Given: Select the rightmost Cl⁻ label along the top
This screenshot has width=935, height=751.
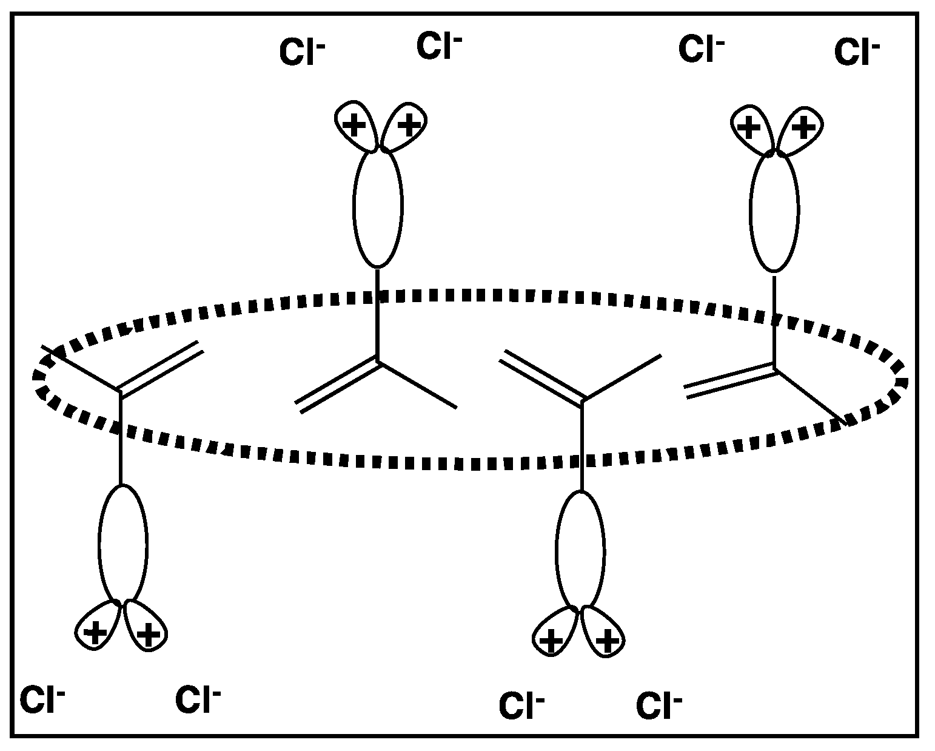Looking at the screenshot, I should point(857,52).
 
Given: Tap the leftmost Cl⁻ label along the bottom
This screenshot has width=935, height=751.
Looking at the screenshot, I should point(42,700).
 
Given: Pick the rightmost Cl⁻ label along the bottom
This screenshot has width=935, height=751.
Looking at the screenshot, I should point(659,706).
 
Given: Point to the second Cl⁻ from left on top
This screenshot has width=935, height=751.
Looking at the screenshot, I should point(439,47).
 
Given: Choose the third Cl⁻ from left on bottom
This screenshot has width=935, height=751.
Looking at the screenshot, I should point(521,706).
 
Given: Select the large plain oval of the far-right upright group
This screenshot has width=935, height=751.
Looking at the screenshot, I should point(774,213).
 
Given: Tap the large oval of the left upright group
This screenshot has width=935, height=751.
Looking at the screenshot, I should point(377,206).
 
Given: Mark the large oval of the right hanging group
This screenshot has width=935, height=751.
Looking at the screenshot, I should point(580,549).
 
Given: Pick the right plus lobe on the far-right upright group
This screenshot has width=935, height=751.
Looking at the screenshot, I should point(802,128).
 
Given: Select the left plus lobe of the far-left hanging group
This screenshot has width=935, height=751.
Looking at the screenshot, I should point(95,631).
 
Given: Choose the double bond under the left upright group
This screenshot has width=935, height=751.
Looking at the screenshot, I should point(337,385).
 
